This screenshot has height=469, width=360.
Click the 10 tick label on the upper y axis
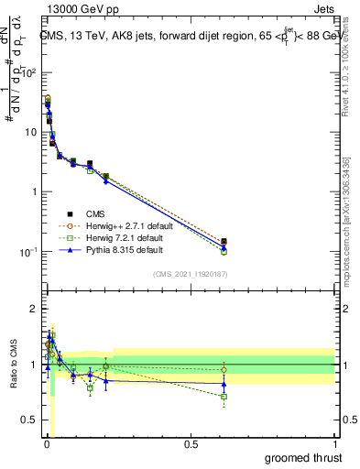tap(30, 133)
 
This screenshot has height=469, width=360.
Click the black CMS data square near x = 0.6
tap(224, 242)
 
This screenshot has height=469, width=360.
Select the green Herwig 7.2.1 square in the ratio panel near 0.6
tap(224, 397)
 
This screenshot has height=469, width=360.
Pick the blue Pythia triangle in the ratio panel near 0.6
tap(224, 385)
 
